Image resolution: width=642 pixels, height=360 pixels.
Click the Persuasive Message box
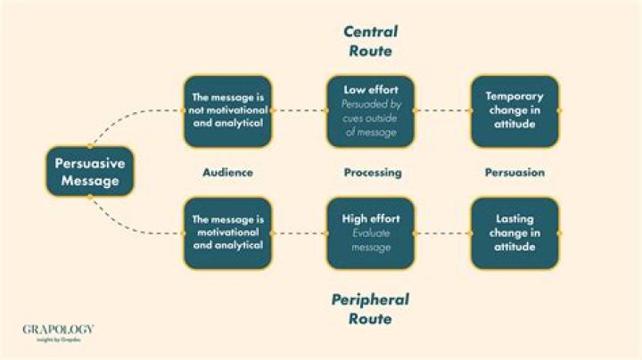point(90,171)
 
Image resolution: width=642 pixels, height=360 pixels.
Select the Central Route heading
point(371,41)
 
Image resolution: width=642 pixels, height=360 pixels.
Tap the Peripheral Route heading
point(370,309)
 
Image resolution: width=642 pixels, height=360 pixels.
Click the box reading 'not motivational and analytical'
point(228,110)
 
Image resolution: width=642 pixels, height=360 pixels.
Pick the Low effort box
point(371,110)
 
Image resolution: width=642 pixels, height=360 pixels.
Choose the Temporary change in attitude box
point(514,110)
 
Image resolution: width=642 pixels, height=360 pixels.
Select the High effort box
point(371,233)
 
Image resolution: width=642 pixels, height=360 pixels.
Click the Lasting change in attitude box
point(514,233)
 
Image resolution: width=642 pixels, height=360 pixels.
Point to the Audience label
point(227,172)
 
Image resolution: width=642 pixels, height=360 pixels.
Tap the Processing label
point(373,173)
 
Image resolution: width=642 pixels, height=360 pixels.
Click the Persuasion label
point(514,172)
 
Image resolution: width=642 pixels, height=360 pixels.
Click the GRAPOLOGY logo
point(58,332)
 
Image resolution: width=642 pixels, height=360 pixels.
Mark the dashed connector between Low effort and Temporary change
point(442,110)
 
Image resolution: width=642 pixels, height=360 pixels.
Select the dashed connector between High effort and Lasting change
point(442,233)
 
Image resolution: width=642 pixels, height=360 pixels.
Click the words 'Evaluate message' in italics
point(371,240)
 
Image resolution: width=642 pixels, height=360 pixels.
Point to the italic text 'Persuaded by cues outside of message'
point(371,119)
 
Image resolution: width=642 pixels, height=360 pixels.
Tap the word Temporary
point(514,96)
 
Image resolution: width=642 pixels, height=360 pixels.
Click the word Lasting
point(514,219)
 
